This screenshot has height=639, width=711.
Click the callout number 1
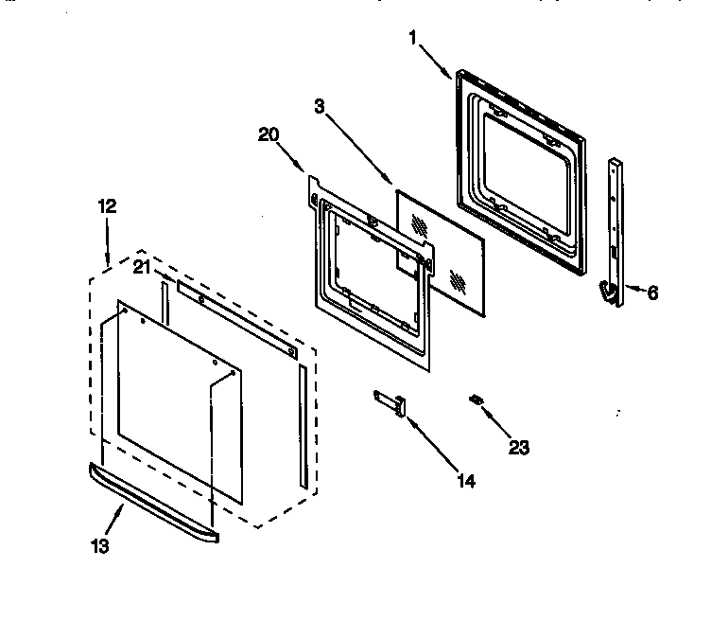(x=413, y=38)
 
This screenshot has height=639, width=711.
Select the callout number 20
(x=269, y=134)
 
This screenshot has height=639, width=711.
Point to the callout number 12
(x=108, y=205)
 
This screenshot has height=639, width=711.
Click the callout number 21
(x=141, y=267)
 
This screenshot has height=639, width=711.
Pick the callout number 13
(x=100, y=546)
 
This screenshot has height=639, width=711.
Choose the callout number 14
(x=466, y=481)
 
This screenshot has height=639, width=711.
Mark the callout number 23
(x=518, y=448)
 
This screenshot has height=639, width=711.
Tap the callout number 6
(x=652, y=293)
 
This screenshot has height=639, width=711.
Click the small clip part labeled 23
(x=477, y=401)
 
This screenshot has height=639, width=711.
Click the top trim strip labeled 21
(x=236, y=318)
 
